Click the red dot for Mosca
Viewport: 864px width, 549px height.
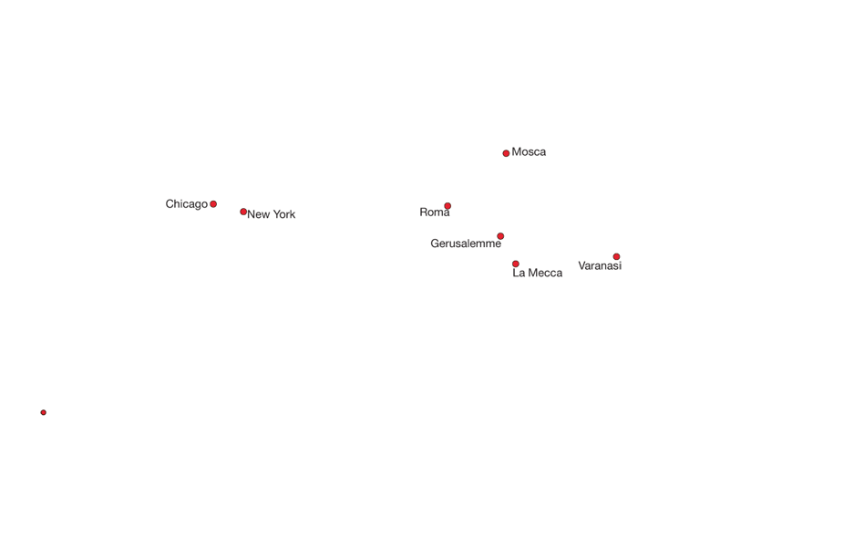506,153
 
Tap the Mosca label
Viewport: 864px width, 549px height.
529,151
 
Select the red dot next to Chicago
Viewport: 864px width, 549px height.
213,204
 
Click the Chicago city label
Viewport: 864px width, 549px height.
187,204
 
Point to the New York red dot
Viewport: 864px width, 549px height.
243,212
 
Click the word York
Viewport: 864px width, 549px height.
283,214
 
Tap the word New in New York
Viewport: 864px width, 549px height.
259,214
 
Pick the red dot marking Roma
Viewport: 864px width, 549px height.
447,206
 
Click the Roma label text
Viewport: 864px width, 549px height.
435,212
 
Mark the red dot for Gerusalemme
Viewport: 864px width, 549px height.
500,236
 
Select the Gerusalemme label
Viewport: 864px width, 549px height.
466,243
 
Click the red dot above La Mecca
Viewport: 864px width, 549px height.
516,264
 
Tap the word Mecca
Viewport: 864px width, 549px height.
546,273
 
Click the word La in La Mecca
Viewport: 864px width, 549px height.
519,273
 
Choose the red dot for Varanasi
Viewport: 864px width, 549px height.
617,257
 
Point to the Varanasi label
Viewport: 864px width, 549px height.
600,265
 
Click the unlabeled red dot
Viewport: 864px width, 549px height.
44,412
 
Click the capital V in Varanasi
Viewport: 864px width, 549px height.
582,265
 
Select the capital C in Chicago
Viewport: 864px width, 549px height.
170,204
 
